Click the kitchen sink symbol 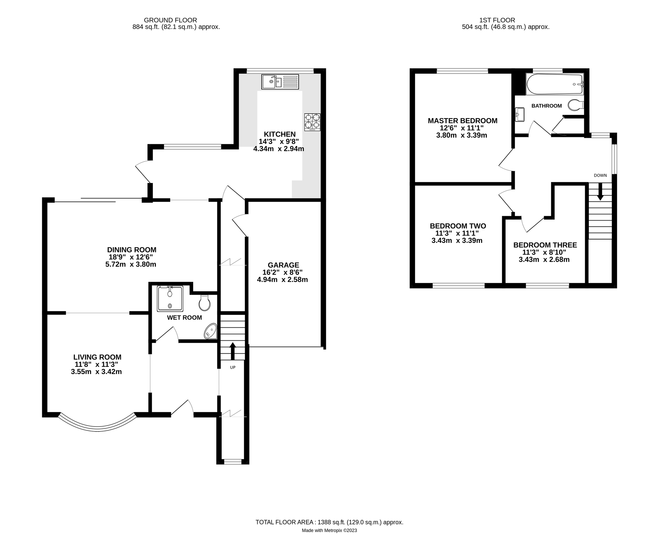click(280, 82)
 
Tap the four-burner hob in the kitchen click(312, 122)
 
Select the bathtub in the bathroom click(554, 84)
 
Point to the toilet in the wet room click(204, 303)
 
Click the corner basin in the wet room click(210, 331)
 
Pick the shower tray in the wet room click(170, 298)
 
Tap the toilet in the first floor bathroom click(575, 105)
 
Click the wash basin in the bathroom click(520, 114)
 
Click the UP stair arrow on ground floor click(232, 350)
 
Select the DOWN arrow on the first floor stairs click(600, 193)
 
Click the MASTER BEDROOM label click(462, 121)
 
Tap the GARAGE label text click(283, 265)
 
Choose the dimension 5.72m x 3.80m click(131, 264)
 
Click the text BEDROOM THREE click(545, 245)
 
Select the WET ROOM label click(184, 317)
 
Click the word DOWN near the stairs click(600, 175)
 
